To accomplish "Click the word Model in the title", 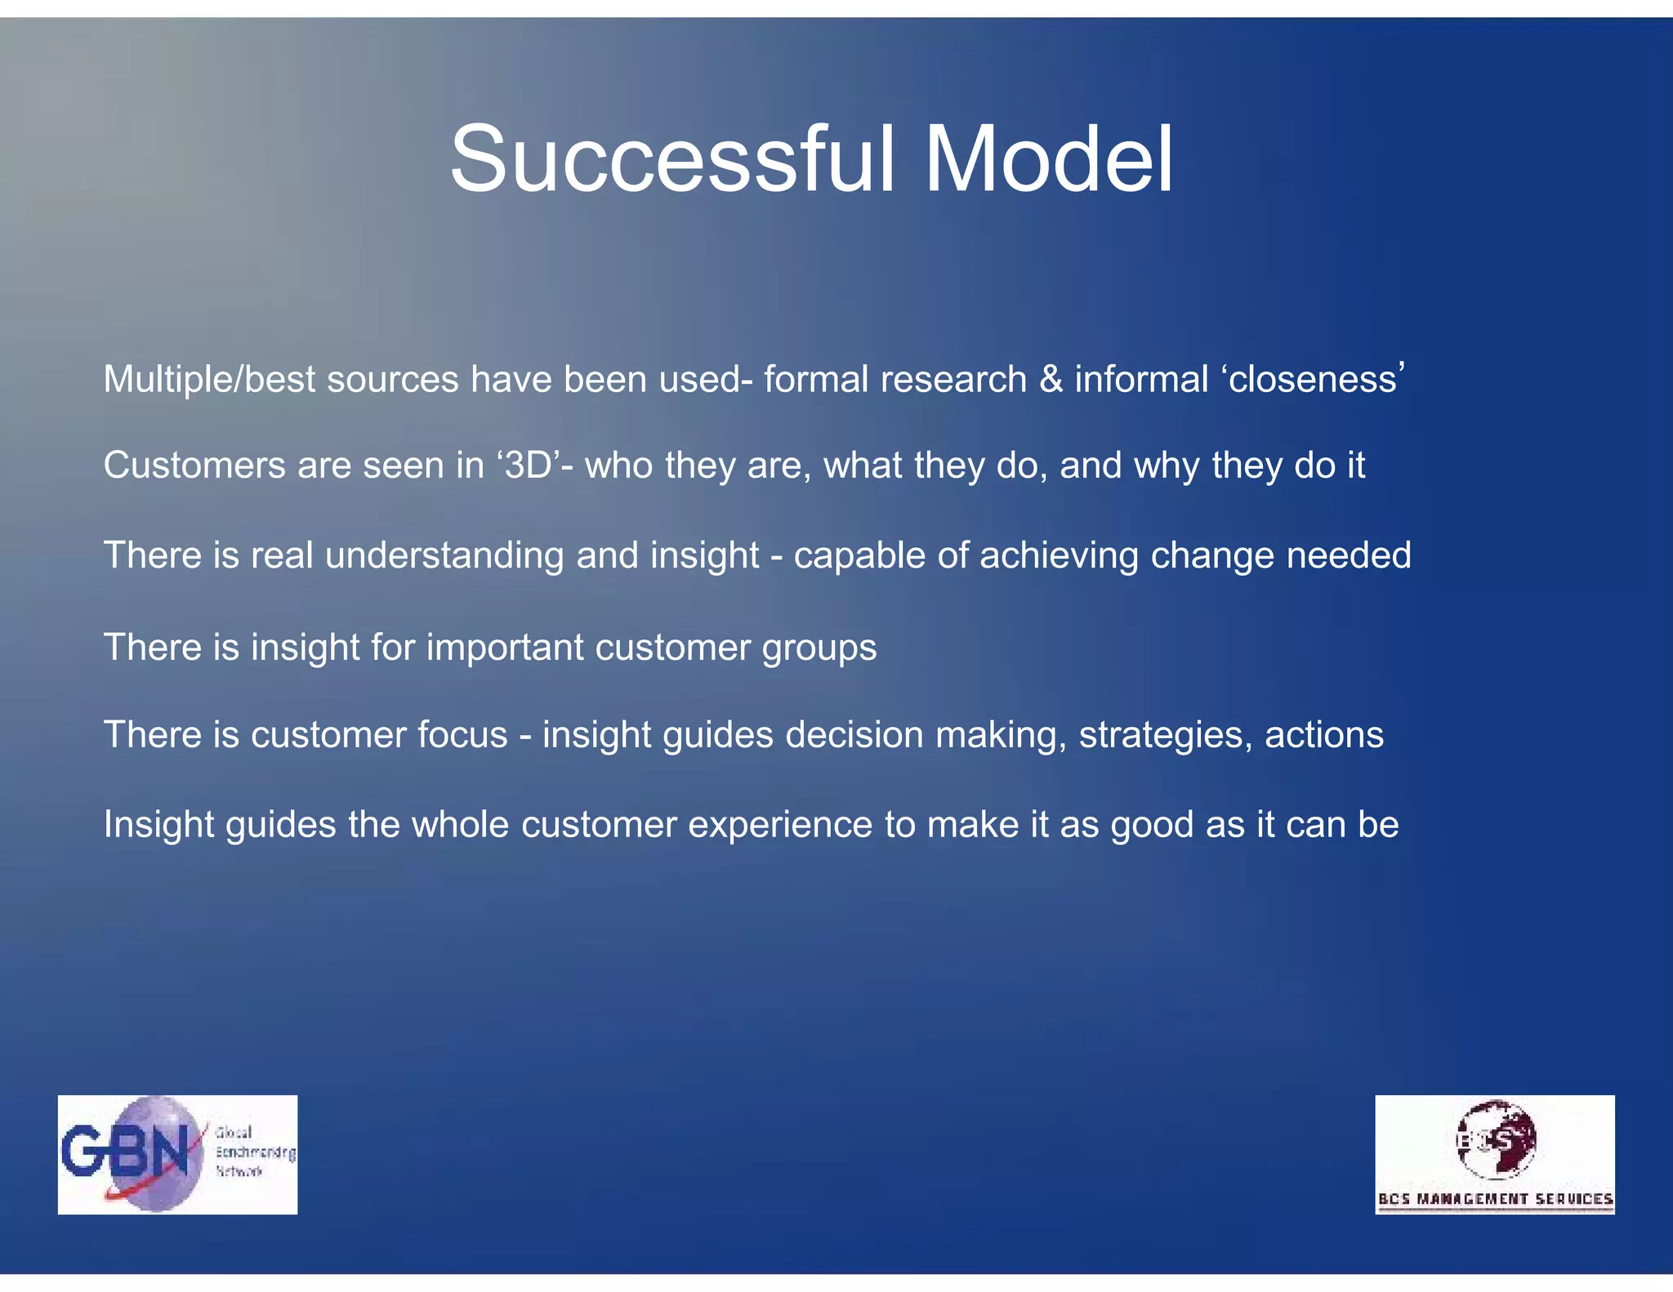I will pos(1049,159).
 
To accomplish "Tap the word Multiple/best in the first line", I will pos(209,381).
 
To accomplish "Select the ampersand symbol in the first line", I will pos(1051,381).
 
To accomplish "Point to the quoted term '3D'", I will pos(529,466).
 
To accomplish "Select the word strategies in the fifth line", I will pos(1166,736).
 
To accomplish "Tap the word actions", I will pos(1324,736).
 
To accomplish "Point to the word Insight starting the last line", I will pos(158,825).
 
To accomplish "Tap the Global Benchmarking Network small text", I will pos(253,1152).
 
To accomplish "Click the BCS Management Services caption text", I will pos(1495,1199).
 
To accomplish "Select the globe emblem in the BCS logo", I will pos(1496,1139).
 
